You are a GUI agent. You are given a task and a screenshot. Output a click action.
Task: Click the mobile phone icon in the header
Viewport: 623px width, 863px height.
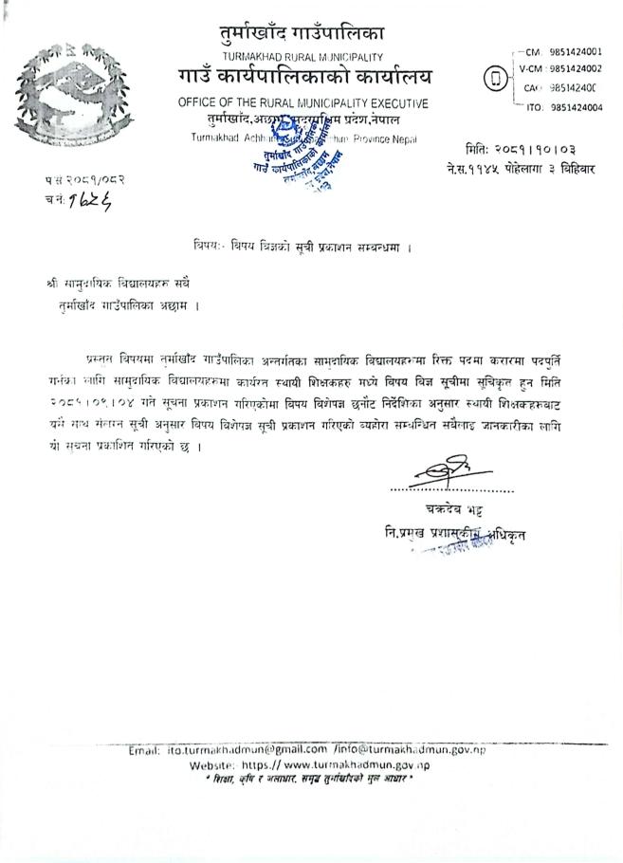point(492,80)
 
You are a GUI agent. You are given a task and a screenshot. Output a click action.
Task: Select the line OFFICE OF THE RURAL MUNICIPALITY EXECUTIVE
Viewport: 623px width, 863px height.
point(302,102)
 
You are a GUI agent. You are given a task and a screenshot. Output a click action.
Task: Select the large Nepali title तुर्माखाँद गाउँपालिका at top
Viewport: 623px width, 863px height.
point(301,34)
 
